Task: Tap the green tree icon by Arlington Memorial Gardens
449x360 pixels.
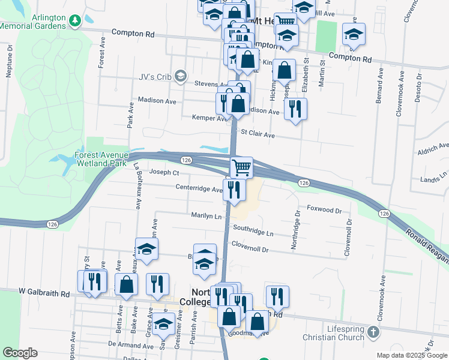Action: point(75,22)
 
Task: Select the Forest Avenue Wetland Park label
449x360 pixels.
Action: point(102,159)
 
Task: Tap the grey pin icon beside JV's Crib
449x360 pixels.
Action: point(182,76)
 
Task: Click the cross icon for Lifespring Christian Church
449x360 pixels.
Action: point(373,332)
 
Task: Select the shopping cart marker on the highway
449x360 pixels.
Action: point(241,167)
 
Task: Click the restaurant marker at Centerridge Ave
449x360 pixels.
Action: point(234,190)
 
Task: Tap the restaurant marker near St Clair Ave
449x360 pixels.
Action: point(294,109)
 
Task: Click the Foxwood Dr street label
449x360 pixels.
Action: point(324,211)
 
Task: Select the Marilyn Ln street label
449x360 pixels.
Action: point(206,215)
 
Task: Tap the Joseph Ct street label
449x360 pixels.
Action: point(164,173)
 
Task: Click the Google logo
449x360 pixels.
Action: point(20,353)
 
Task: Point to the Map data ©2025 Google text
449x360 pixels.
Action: point(411,355)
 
